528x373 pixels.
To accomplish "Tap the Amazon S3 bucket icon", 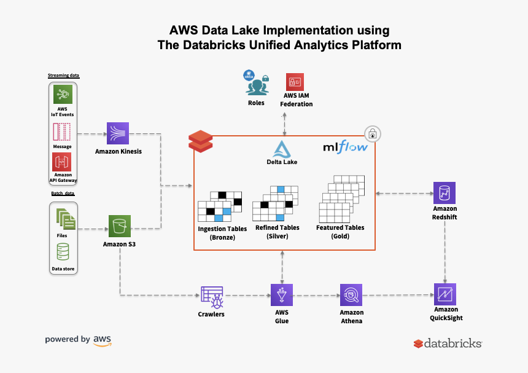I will [x=119, y=226].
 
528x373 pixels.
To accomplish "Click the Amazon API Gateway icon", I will [x=62, y=162].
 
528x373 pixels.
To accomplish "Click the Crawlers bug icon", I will [x=212, y=296].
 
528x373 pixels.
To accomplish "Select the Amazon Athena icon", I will [x=352, y=294].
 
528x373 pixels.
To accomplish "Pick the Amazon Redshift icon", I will [x=445, y=193].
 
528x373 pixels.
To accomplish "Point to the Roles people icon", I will [x=256, y=84].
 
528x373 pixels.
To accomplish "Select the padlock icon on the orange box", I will [x=372, y=133].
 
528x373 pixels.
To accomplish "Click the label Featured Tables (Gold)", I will [x=340, y=232].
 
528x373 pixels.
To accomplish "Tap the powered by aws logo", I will [x=78, y=340].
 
